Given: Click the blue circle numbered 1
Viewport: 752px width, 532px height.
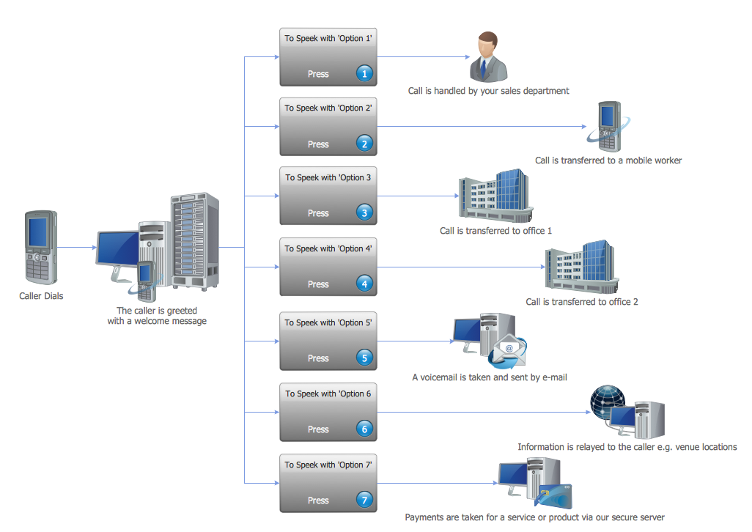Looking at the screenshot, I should coord(364,73).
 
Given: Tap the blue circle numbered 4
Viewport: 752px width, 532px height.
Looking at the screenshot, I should coord(364,284).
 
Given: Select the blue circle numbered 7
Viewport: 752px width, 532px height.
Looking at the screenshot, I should coord(364,500).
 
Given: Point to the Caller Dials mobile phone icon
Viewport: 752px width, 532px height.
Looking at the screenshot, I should coord(40,248).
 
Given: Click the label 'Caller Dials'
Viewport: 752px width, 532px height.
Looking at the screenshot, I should coord(41,296).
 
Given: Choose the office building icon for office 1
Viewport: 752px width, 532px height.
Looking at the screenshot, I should coord(495,194).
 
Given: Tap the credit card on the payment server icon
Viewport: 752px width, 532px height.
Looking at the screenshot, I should coord(555,499).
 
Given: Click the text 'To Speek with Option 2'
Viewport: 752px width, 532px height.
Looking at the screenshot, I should coord(328,108).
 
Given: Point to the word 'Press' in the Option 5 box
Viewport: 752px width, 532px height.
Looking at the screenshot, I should coord(318,358).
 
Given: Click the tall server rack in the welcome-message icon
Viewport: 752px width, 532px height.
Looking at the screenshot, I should coord(195,240).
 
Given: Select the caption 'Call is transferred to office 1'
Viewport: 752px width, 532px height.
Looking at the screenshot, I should coord(495,231).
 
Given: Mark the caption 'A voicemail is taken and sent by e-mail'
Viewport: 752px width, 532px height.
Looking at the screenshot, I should coord(490,378).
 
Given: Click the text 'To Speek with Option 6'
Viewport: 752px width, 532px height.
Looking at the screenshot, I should coord(328,394).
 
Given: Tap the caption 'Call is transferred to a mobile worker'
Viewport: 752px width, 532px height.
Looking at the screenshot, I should coord(608,160).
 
